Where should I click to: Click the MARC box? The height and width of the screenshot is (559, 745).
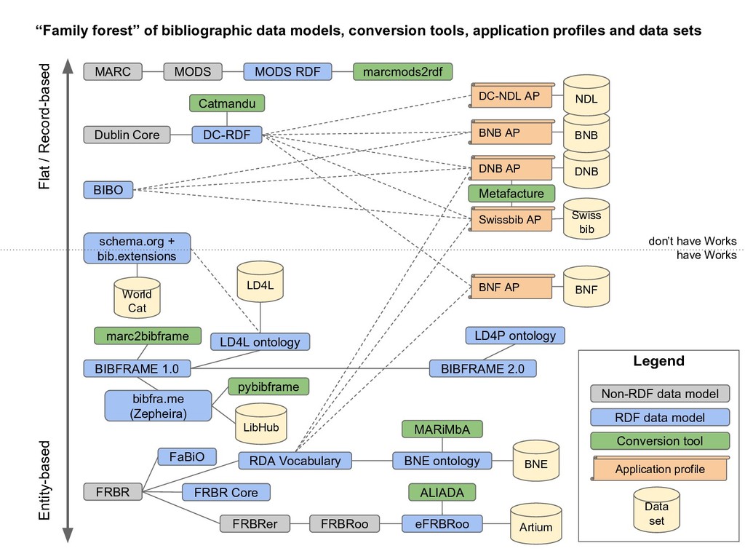113,71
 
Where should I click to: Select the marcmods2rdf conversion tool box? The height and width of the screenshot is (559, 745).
402,71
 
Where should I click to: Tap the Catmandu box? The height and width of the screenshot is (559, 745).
227,104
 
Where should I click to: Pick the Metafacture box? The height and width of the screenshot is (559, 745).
511,194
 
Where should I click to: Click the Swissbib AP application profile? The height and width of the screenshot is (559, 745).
511,219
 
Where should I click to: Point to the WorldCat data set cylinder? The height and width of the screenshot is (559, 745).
137,298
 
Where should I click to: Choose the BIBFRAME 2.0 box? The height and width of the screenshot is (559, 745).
482,368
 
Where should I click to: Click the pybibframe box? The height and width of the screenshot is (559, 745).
268,386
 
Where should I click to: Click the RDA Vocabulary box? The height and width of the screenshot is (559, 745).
295,461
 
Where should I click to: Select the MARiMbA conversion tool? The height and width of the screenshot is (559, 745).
442,429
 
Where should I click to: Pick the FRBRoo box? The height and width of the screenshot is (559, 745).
345,523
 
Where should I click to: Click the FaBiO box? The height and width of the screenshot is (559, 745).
187,456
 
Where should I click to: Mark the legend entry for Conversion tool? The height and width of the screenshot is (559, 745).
659,441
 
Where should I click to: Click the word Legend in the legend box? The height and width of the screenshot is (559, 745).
658,361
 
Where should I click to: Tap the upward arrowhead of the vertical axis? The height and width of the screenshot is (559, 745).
67,67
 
